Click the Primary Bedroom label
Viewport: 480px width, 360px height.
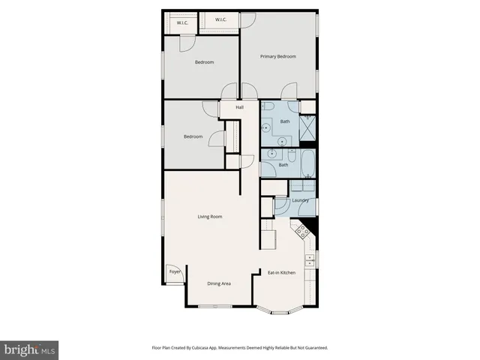[278, 57]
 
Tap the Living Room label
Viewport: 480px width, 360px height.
[210, 217]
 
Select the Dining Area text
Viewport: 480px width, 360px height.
[219, 283]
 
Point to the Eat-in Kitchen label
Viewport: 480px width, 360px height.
[282, 272]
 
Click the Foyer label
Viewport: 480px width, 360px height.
[174, 271]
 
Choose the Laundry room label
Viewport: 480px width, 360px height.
[301, 200]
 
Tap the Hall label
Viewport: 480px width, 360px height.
[240, 108]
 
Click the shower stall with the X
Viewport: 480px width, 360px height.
[307, 129]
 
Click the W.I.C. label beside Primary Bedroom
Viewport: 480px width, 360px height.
[221, 19]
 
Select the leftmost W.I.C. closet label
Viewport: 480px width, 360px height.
[183, 23]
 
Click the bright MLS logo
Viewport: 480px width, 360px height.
[29, 349]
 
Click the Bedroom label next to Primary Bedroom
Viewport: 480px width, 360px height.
[205, 62]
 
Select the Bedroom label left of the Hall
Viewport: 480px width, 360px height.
[193, 136]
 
